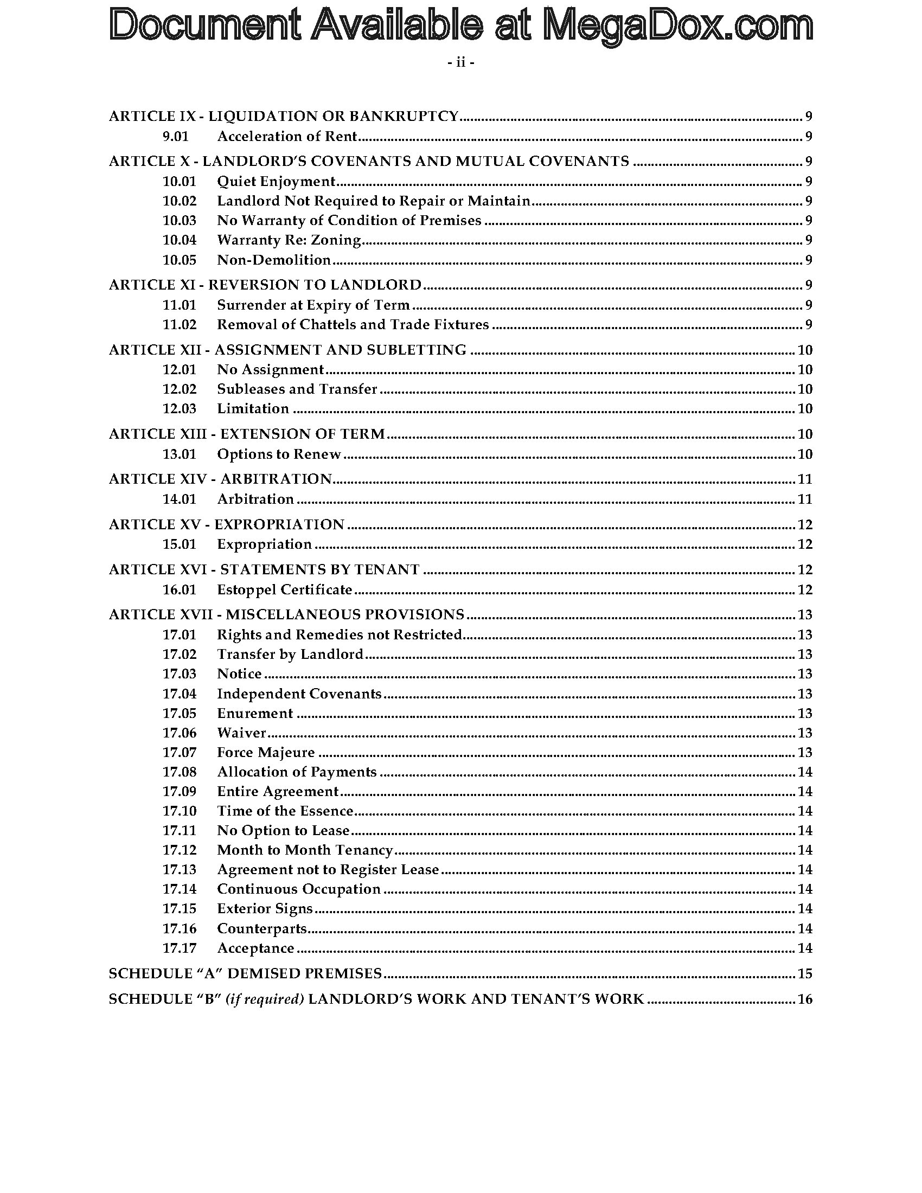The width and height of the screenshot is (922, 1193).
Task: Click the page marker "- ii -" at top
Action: (x=460, y=63)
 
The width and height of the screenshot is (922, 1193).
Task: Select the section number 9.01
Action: (x=175, y=136)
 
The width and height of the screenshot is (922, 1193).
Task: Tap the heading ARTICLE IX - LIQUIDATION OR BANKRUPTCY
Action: (x=284, y=116)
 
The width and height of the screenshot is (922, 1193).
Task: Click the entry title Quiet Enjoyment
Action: (x=276, y=181)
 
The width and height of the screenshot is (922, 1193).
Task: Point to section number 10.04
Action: (x=179, y=240)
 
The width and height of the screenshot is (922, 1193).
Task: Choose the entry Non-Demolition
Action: (x=274, y=259)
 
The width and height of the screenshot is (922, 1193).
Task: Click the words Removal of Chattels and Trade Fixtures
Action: (x=353, y=324)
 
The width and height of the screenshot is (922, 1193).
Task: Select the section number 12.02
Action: (x=179, y=389)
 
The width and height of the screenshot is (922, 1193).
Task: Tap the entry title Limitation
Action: (x=253, y=408)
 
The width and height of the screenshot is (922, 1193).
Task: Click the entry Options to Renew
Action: (x=279, y=454)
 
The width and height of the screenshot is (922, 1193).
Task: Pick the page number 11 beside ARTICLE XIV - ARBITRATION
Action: (x=804, y=479)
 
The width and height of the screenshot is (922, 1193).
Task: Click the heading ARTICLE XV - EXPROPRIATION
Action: (x=227, y=524)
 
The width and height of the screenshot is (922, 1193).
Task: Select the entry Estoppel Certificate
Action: (x=285, y=589)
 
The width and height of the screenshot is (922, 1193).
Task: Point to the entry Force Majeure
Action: (x=266, y=752)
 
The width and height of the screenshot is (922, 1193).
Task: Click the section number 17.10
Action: (x=179, y=811)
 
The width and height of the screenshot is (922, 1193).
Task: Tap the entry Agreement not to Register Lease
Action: (x=328, y=869)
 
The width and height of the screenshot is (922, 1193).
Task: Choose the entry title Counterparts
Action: (x=261, y=928)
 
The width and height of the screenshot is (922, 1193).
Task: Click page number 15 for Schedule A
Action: (x=804, y=973)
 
